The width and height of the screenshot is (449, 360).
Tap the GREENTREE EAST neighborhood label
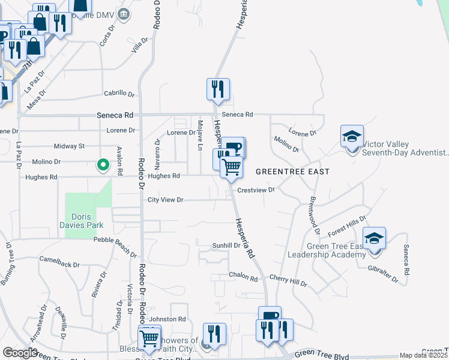292,172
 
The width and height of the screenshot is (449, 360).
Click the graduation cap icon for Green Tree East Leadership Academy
374,239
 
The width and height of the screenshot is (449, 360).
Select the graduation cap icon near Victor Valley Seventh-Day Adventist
352,136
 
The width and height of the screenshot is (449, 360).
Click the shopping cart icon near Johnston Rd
149,338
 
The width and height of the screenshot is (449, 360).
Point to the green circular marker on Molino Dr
103,164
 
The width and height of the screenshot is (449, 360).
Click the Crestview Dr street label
256,190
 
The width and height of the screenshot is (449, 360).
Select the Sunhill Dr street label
226,246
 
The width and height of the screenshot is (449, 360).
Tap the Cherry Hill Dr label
288,280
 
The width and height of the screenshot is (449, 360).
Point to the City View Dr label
165,200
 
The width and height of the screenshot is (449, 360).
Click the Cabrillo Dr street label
119,94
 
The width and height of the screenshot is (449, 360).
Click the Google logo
20,353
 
